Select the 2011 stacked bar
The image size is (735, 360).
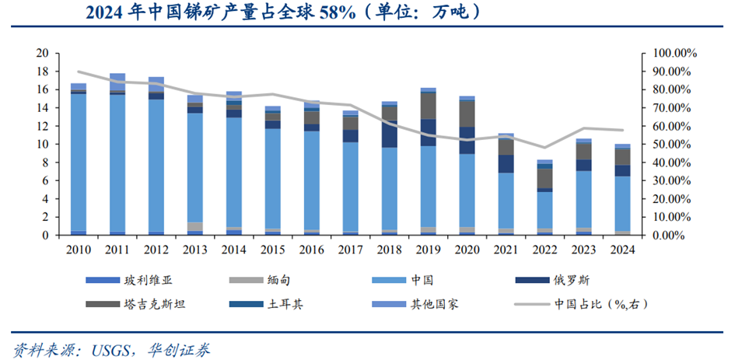coord(118,156)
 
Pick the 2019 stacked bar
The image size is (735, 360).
coord(428,163)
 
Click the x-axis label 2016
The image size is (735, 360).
coord(312,250)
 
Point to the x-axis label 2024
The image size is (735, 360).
coord(621,250)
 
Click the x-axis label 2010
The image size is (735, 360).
coord(79,250)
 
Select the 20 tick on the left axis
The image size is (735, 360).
coord(42,53)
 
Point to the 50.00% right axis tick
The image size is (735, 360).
coord(670,144)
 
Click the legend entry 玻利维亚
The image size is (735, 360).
coord(144,278)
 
